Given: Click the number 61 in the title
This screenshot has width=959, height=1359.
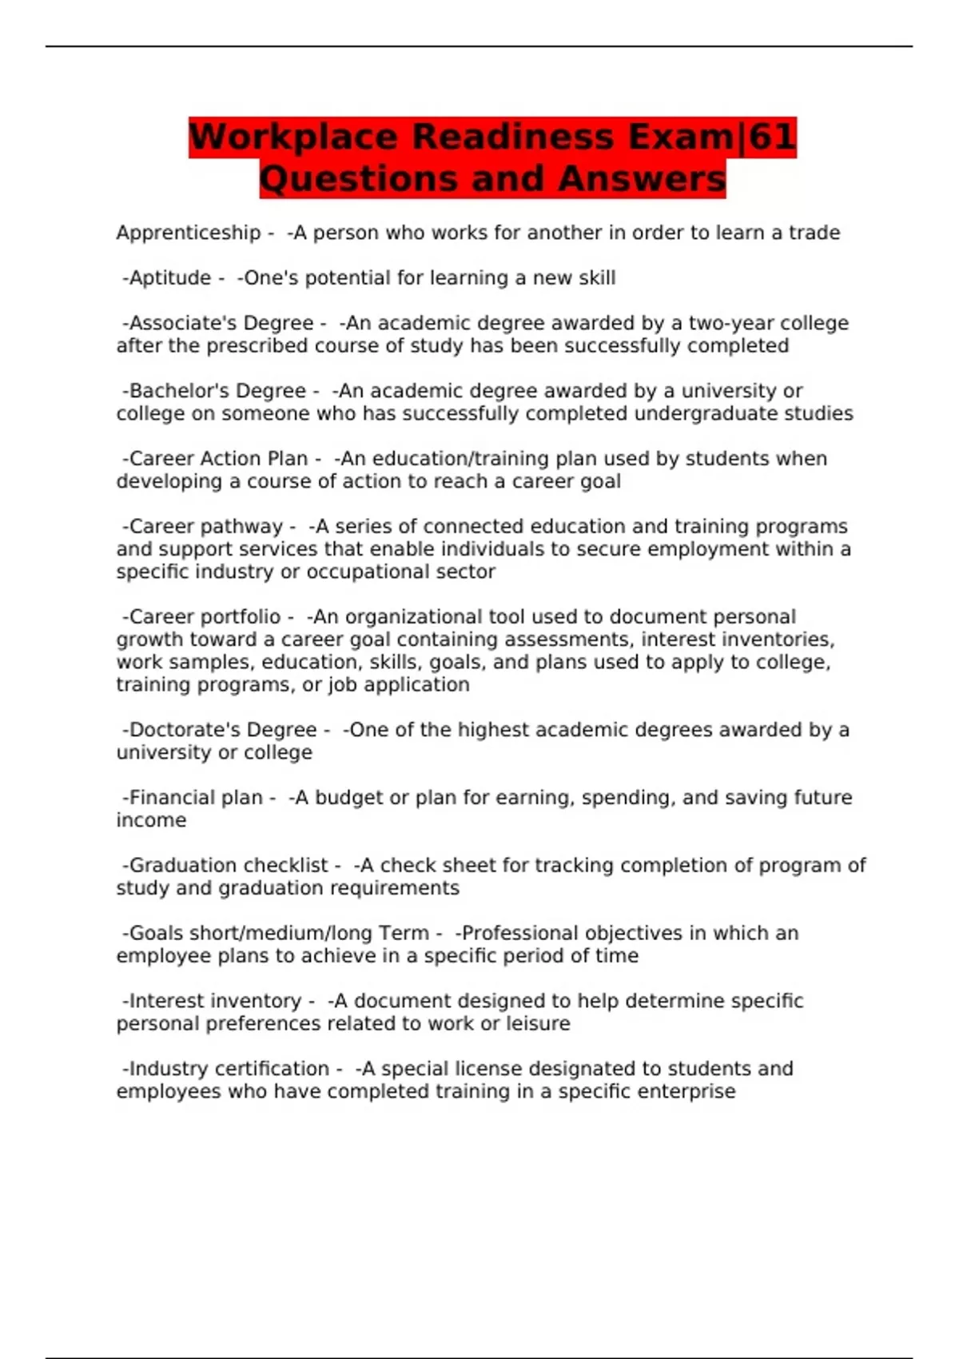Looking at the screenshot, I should click(x=772, y=137).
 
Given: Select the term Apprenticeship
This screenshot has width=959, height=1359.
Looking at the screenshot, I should click(x=188, y=233).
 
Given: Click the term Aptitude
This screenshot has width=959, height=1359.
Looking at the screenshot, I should click(x=169, y=278).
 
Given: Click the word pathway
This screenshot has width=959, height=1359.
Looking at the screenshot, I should click(x=242, y=527).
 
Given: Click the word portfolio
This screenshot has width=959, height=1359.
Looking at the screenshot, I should click(x=241, y=617).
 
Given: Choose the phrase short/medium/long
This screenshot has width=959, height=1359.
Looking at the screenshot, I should click(x=285, y=934).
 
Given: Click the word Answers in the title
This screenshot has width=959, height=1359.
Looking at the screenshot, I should click(x=642, y=178).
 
